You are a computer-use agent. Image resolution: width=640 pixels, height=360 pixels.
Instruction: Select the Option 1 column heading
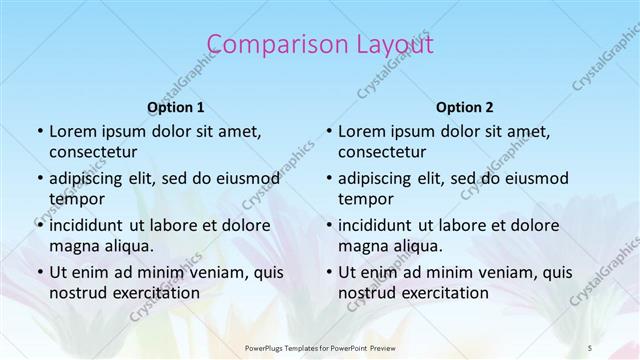tap(176, 107)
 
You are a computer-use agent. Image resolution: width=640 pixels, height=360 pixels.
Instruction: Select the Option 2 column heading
tap(465, 107)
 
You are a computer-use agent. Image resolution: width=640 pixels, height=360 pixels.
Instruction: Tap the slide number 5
tap(591, 348)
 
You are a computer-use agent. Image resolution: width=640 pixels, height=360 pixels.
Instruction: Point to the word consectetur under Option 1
tap(98, 153)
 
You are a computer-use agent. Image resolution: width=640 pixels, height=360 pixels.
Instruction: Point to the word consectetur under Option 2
tap(387, 153)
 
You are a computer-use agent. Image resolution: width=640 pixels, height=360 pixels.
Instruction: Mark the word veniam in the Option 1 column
tap(210, 272)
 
